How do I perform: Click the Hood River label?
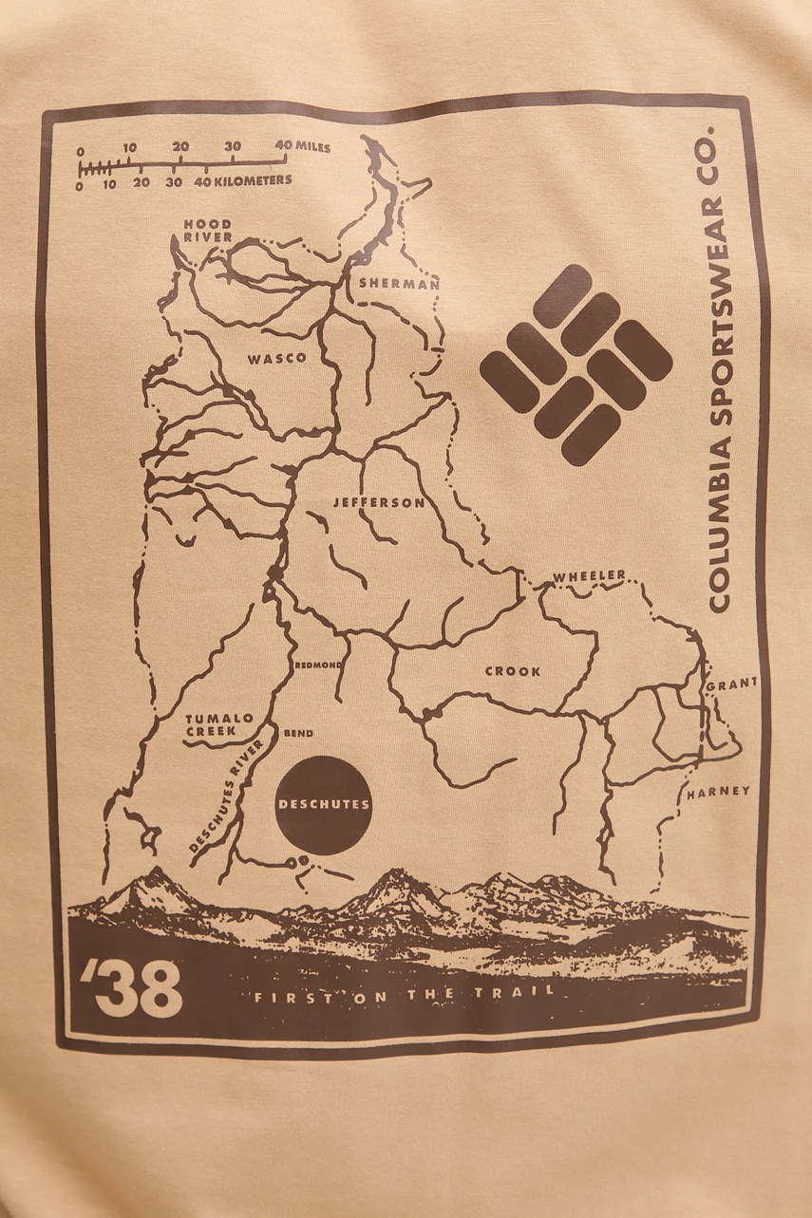click(x=208, y=230)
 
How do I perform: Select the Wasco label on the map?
click(x=276, y=359)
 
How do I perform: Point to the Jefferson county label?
click(x=378, y=502)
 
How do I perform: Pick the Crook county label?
click(x=513, y=671)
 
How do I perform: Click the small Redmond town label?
click(x=317, y=665)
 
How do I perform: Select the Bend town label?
click(x=298, y=733)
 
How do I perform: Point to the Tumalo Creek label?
click(x=219, y=724)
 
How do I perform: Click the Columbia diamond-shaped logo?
click(x=576, y=365)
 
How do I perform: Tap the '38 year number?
click(x=132, y=987)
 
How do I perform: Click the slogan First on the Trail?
click(x=403, y=995)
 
